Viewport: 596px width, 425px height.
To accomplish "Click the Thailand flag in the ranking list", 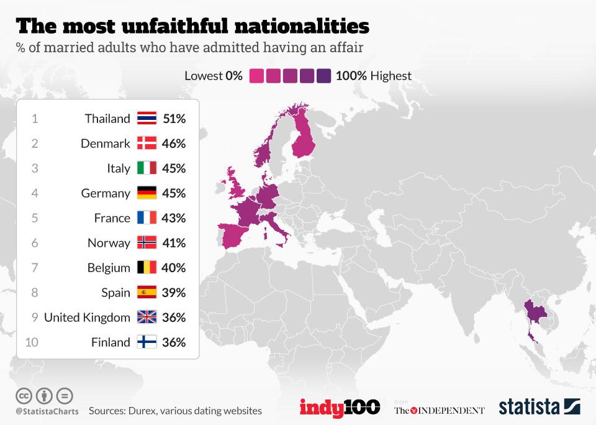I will [147, 119].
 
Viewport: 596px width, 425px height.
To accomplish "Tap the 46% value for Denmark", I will [174, 144].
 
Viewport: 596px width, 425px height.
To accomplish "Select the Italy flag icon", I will [147, 168].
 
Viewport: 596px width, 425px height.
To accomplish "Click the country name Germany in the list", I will [106, 193].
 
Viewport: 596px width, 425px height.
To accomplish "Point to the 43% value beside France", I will [174, 218].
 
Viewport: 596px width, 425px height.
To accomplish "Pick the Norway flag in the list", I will [147, 243].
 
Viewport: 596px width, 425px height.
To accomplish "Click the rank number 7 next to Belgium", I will [35, 268].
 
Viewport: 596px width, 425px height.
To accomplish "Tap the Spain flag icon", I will [147, 293].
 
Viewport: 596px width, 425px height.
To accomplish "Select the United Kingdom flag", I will [147, 318].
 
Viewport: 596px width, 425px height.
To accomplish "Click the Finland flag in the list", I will [147, 342].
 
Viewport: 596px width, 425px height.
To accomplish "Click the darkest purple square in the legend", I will [323, 76].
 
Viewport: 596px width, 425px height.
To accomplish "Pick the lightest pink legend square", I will [256, 76].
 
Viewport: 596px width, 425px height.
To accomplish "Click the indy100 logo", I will [340, 408].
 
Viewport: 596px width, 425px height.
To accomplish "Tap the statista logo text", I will [529, 408].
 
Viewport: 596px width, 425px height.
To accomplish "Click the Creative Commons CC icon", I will [24, 395].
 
